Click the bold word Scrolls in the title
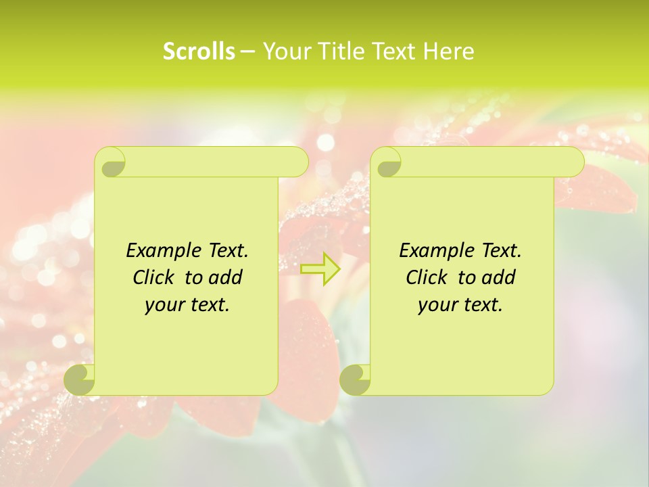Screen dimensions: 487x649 [x=199, y=51]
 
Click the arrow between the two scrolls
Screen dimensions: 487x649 [x=320, y=269]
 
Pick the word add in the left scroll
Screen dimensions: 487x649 [x=225, y=277]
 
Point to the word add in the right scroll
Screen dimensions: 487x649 [x=498, y=277]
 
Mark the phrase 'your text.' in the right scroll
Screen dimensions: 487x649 [x=460, y=304]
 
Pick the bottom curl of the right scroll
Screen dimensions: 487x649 [x=356, y=379]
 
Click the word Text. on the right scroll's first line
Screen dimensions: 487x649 [x=501, y=251]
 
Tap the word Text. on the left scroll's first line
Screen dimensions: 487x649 [x=228, y=251]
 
